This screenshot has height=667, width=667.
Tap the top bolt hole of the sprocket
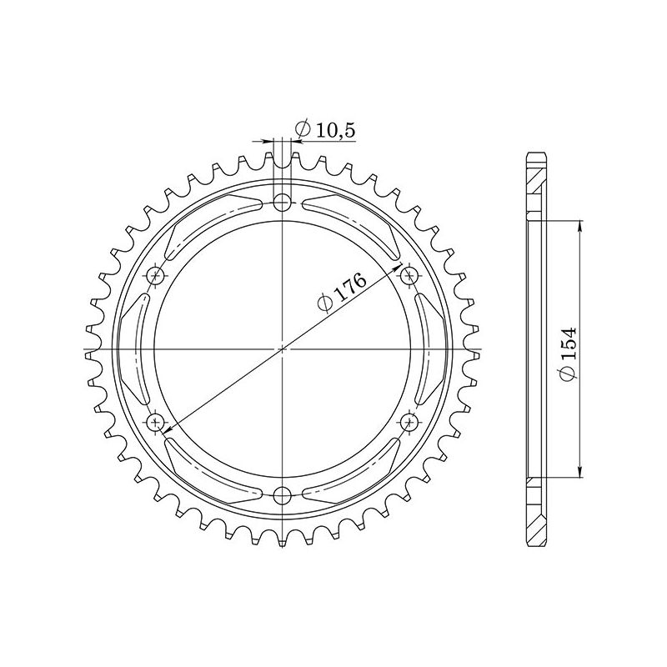tap(283, 202)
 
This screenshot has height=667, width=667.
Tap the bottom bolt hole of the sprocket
tap(283, 495)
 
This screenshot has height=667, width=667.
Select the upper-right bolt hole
tap(409, 275)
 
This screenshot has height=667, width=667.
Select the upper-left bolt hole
tap(156, 275)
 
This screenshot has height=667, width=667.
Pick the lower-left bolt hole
tap(156, 422)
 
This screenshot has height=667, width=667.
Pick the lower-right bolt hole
tap(409, 422)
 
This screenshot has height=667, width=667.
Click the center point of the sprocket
tap(283, 349)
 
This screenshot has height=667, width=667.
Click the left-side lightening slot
tap(133, 349)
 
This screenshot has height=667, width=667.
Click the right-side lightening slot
tap(432, 349)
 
